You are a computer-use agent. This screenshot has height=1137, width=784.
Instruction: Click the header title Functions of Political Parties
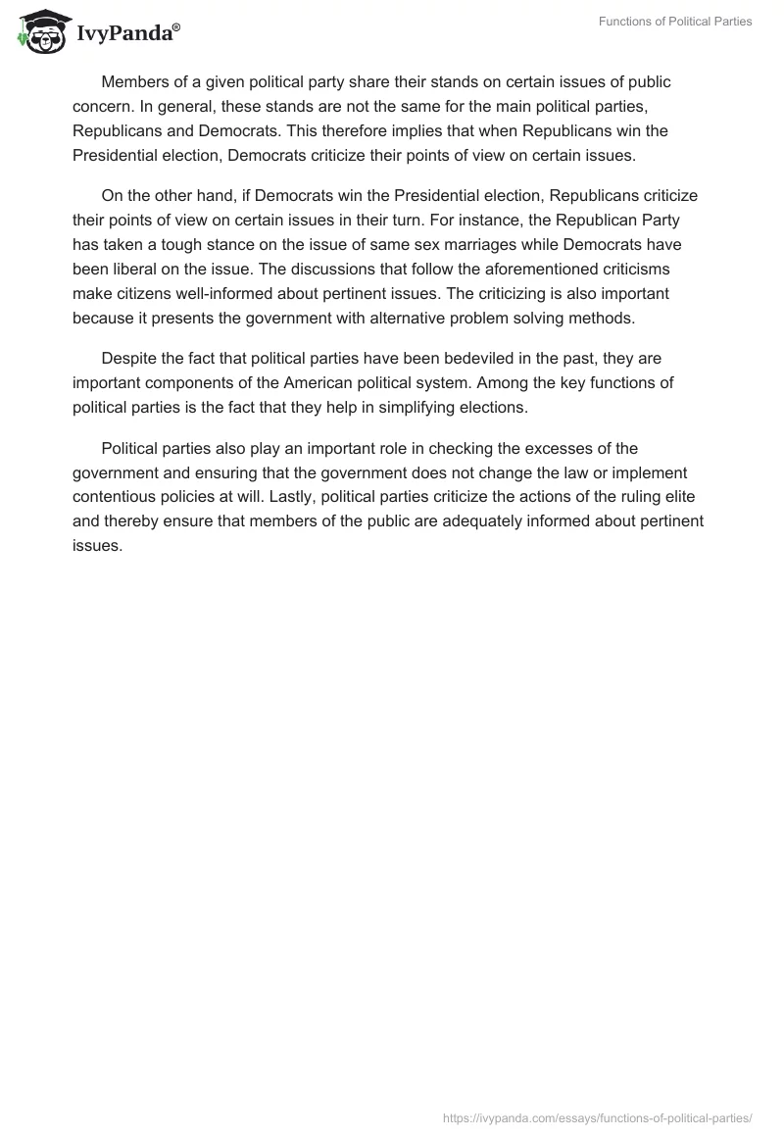point(675,22)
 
